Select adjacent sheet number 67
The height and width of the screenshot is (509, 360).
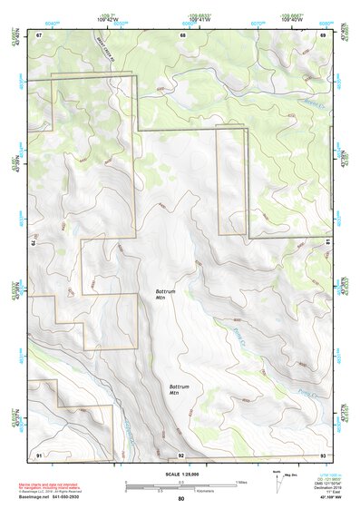pyautogui.click(x=40, y=34)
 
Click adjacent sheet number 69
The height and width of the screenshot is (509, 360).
pyautogui.click(x=323, y=34)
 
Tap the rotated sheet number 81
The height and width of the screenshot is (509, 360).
pyautogui.click(x=326, y=243)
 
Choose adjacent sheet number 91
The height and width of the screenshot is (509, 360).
pyautogui.click(x=40, y=454)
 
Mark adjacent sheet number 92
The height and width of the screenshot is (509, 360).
pyautogui.click(x=181, y=454)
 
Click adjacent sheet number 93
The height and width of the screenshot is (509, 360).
pyautogui.click(x=323, y=454)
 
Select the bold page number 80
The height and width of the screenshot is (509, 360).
pyautogui.click(x=181, y=499)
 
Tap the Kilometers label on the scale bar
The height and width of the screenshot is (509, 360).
pyautogui.click(x=191, y=490)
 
